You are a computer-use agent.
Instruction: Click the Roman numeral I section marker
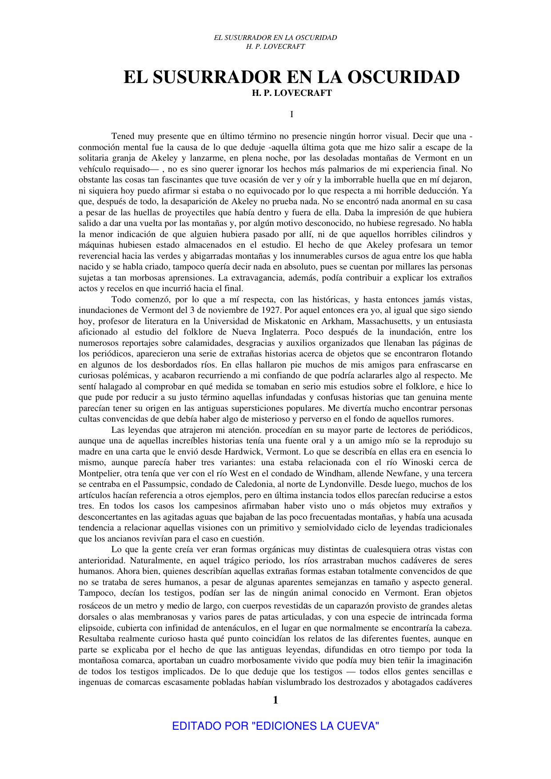tap(291, 115)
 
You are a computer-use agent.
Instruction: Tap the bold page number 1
tap(275, 700)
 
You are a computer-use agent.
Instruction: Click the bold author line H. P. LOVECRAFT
tap(291, 94)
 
